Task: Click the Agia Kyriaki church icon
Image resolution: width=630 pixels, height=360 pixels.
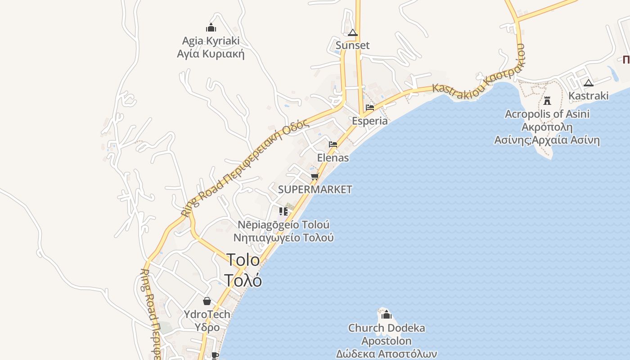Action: pos(211,28)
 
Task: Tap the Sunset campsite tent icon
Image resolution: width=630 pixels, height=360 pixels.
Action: pos(352,32)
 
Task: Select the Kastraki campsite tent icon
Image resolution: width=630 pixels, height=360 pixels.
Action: pos(588,83)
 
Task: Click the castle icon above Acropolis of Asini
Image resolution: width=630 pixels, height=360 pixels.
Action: pos(547,100)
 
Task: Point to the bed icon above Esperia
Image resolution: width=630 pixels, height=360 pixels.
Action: pos(370,108)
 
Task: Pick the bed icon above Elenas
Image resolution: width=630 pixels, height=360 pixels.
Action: pos(333,144)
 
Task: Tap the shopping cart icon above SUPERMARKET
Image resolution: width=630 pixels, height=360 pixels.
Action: pos(315,176)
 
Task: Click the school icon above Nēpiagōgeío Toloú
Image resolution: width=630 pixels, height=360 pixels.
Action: pos(283,211)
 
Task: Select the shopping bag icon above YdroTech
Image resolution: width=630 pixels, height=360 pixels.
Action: pos(207,301)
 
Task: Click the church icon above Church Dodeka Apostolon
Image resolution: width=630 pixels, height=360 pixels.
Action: pos(387,315)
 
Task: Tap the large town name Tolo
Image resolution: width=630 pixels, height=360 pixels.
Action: pos(243,260)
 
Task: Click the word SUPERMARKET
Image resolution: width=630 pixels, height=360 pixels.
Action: pos(315,189)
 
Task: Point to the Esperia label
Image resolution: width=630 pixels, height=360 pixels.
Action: pos(369,121)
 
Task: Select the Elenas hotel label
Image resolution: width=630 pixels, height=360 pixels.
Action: pos(333,157)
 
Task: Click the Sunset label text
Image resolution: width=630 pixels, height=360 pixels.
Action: pos(352,45)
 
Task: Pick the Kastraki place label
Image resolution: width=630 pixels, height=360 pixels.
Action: pos(588,95)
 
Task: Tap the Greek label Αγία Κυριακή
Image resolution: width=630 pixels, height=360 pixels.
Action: pos(211,54)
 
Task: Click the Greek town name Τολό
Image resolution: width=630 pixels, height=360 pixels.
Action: pos(243,280)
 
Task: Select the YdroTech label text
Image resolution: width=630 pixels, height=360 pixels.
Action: pos(207,314)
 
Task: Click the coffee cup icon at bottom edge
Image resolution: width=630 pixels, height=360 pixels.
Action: pos(215,355)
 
